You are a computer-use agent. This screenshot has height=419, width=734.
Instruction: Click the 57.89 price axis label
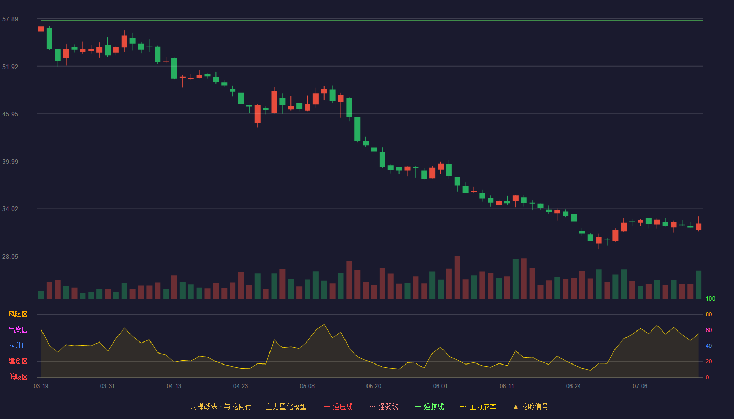coord(10,19)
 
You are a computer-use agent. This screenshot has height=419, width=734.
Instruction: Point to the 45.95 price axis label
coord(10,114)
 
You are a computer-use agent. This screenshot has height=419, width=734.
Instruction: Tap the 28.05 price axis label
coord(10,256)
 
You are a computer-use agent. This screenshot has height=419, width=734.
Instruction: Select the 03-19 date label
coord(41,387)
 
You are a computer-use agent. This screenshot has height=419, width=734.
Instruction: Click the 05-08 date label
coord(307,387)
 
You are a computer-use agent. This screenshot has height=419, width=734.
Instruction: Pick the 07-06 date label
coord(640,387)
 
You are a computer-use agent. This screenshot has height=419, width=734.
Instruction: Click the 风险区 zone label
coord(18,314)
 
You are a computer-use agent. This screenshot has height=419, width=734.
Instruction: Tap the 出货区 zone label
coord(18,329)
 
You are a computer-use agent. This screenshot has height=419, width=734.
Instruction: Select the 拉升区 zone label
coord(18,345)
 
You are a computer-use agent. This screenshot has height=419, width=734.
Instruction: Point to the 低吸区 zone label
coord(18,377)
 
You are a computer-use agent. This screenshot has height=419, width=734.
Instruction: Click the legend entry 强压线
coord(338,406)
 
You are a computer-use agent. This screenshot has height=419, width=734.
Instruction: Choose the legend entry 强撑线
coord(429,406)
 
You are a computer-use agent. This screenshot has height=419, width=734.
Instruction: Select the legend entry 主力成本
coord(478,406)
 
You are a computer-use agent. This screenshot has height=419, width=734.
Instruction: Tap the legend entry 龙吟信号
coord(531,406)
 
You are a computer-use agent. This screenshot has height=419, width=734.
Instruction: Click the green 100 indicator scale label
coord(710,299)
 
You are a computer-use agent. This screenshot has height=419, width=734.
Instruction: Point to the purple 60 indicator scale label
coord(709,330)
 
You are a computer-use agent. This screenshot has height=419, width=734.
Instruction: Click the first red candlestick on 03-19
coord(41,29)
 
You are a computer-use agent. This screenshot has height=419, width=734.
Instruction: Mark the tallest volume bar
coord(457,277)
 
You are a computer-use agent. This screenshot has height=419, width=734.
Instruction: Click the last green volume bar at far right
coord(698,284)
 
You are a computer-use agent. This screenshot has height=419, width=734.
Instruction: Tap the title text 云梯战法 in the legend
coord(203,406)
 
